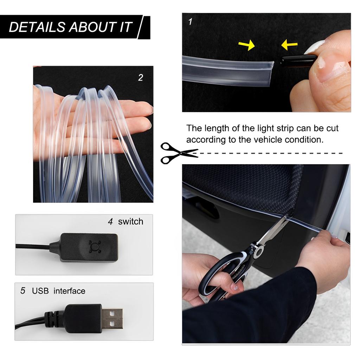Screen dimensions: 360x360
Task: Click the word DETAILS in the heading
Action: (x=37, y=27)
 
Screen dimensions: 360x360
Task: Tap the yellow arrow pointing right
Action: (x=246, y=45)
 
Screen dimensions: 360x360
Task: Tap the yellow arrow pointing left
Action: (x=289, y=44)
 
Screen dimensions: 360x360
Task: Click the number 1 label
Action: (x=190, y=22)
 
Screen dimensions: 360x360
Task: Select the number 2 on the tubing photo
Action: (x=141, y=78)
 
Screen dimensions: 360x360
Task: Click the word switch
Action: (x=131, y=221)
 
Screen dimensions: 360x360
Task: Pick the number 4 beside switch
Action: (x=110, y=222)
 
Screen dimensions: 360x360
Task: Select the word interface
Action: (x=69, y=291)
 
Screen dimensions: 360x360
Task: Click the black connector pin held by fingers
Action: (x=297, y=60)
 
